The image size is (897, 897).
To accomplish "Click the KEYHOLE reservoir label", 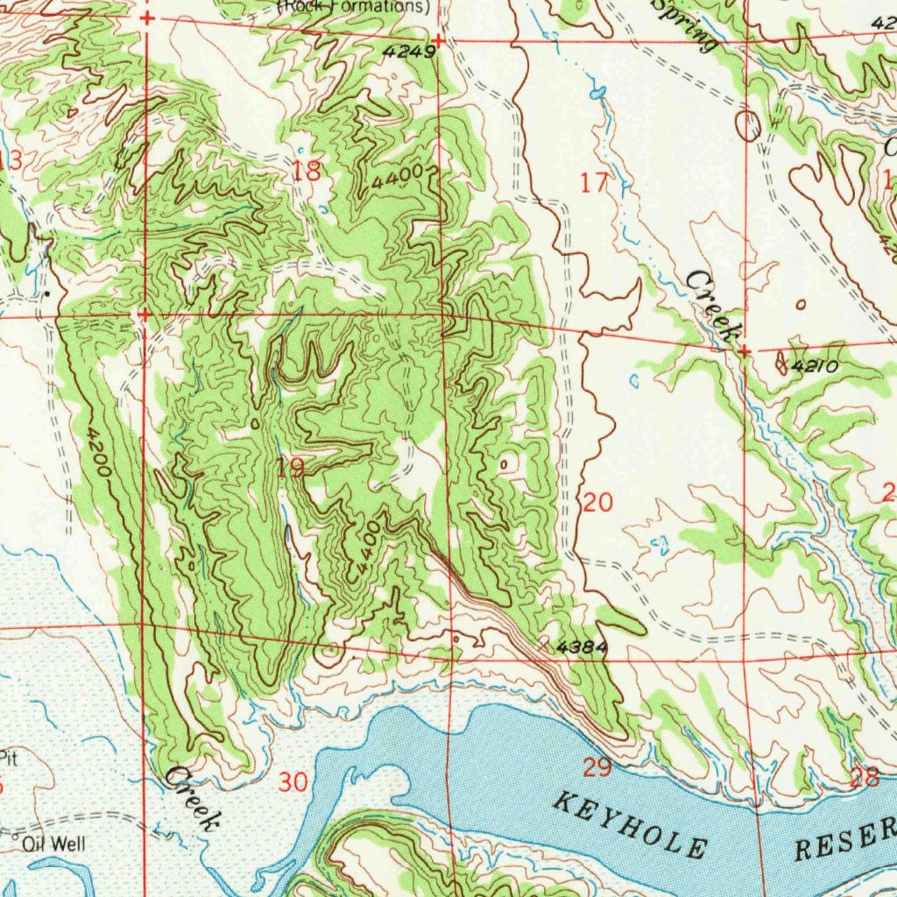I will coord(631,823).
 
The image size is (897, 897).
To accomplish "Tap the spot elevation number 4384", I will coord(580,647).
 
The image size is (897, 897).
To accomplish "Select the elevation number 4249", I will coord(408,52).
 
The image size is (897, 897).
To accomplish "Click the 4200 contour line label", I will coord(99,451).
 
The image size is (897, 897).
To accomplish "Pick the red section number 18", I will coord(307,172).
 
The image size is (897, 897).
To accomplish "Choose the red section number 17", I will coord(594,183).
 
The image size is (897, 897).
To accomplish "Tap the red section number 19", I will coord(290,469).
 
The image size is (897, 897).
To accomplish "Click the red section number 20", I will coord(597,503).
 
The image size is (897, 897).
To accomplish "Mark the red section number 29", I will coord(597,768).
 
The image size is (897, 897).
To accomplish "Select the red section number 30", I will coord(293,782).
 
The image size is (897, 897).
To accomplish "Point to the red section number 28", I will coord(865,776).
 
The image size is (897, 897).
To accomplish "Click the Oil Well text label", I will coord(55,844).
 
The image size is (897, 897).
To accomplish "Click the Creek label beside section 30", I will coord(191,797).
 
